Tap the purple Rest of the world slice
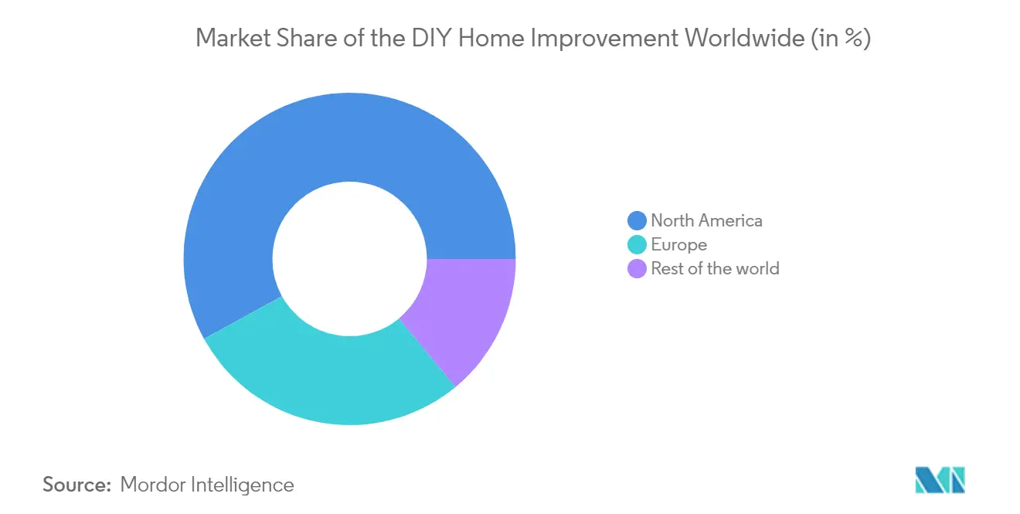[464, 310]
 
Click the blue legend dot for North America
[637, 220]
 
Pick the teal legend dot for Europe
[637, 245]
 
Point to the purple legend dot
[637, 268]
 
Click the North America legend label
[707, 220]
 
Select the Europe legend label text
[679, 245]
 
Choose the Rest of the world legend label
[716, 268]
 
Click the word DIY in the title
[432, 38]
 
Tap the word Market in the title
[233, 38]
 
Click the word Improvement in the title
[604, 39]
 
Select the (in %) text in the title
[841, 39]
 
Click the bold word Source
[77, 485]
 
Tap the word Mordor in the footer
[153, 485]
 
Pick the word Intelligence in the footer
[243, 485]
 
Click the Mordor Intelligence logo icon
[940, 480]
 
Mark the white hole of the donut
[350, 259]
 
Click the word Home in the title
[491, 38]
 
